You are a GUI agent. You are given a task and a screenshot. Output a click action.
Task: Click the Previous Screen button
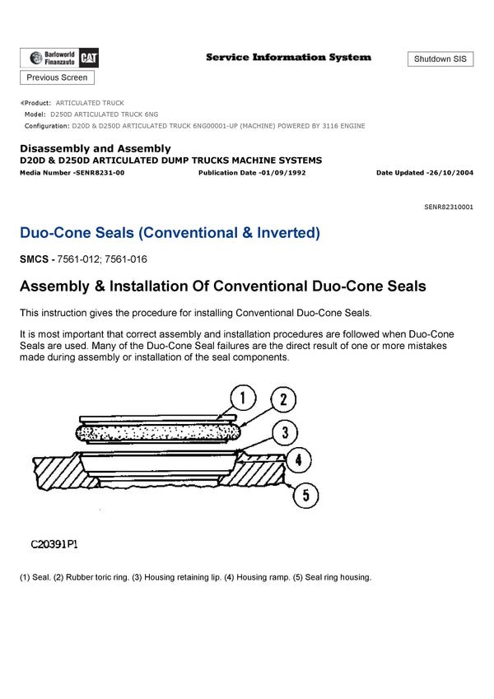coord(57,77)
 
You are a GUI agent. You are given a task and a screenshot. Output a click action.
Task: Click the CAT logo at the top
coord(90,58)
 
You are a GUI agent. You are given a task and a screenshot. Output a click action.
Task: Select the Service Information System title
coord(288,58)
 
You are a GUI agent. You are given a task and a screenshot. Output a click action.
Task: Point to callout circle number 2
coord(282,401)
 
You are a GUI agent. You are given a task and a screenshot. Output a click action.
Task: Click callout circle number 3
coord(282,432)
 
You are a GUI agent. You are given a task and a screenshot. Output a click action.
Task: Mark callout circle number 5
coord(305,495)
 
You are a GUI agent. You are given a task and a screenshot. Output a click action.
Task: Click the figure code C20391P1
coord(54,544)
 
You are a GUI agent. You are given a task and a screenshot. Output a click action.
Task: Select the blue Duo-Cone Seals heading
coord(170,233)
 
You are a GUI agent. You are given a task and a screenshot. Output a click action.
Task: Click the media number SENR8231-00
coord(99,173)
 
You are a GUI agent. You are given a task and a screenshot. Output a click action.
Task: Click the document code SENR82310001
coord(448,207)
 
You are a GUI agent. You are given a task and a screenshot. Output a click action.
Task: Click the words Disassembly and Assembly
coord(96,148)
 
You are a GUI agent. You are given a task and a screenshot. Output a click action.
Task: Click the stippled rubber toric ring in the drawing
coord(156,431)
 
